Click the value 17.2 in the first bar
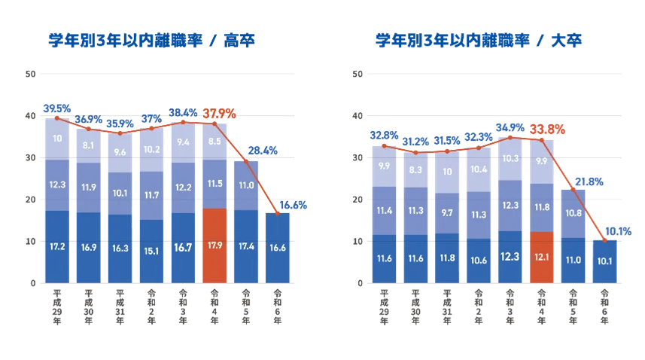coord(57,246)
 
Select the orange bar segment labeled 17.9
coord(215,246)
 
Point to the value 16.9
coord(89,246)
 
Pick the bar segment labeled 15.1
coord(152,250)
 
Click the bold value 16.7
coord(184,246)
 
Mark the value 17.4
coord(247,246)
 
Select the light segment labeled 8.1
coord(89,145)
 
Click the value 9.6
coord(120,151)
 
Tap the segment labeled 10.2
coord(152,149)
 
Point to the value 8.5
coord(215,141)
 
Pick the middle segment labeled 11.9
coord(89,187)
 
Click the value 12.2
coord(184,187)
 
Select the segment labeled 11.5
coord(215,183)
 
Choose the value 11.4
coord(384,210)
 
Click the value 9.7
coord(447,213)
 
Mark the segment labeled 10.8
coord(574,213)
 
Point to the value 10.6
coord(479,261)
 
